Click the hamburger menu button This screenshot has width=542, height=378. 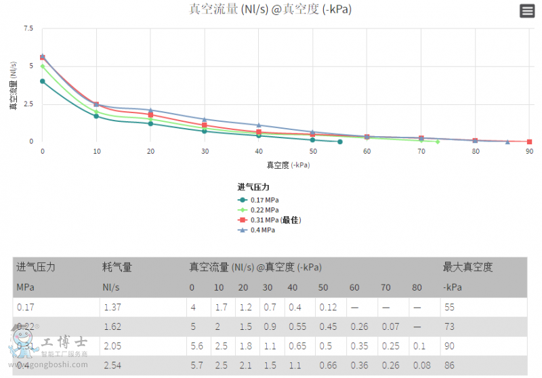tap(526, 10)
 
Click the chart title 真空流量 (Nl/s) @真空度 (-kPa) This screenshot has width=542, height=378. tap(270, 9)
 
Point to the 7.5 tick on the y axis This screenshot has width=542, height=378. tap(28, 28)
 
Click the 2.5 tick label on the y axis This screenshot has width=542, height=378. tap(28, 104)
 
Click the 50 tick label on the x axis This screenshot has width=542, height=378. tap(313, 151)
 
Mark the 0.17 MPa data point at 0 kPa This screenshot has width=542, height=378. tap(42, 81)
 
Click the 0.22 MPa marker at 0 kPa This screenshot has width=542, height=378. tap(42, 66)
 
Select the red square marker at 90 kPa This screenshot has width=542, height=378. tap(529, 142)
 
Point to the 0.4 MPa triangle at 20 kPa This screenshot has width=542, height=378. tap(150, 110)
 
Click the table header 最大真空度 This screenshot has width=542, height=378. tap(467, 267)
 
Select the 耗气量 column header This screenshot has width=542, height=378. tap(117, 267)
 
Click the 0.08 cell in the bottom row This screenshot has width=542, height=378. tap(422, 366)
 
